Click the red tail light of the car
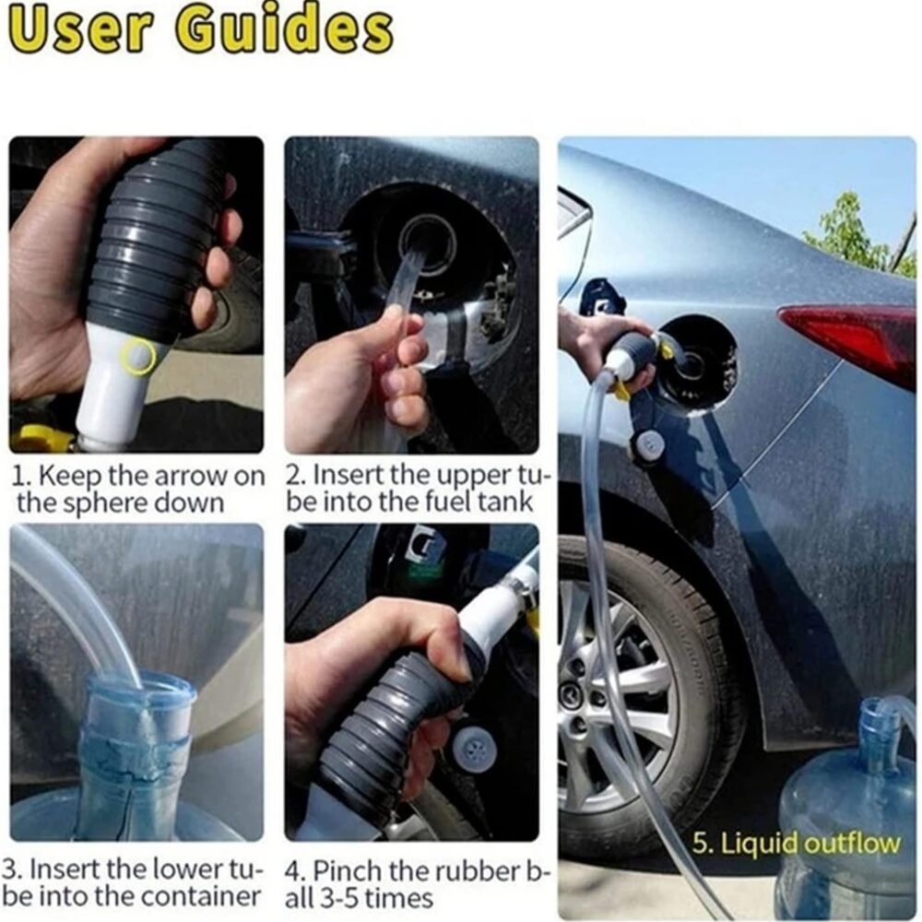(x=847, y=332)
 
